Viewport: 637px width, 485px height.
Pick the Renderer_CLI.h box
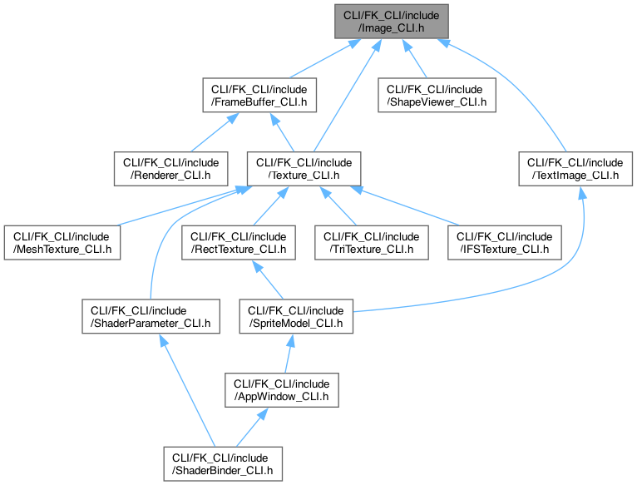point(165,169)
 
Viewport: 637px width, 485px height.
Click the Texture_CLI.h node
point(304,169)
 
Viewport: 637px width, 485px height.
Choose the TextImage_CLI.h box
point(570,169)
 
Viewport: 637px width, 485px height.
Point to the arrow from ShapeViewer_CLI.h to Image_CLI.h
point(418,58)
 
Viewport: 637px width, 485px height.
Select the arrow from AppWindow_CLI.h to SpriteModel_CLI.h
point(289,353)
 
